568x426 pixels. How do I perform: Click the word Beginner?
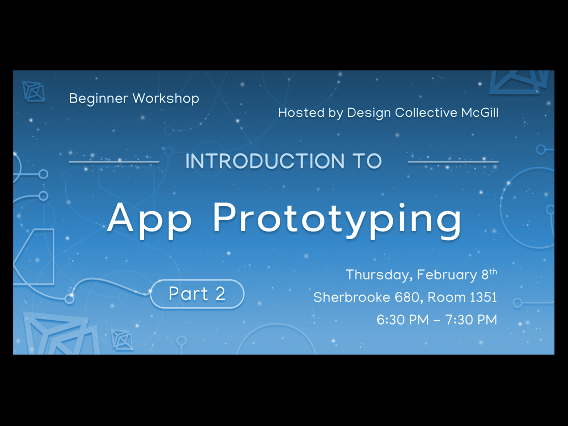click(98, 99)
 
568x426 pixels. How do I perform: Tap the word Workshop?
click(166, 99)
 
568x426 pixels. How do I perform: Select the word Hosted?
click(301, 113)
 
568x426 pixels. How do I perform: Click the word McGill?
click(480, 113)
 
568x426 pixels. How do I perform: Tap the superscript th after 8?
click(493, 272)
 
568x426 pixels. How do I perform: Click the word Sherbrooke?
click(352, 297)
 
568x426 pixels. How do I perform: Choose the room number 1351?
click(483, 297)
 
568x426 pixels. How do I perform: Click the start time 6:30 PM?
click(403, 320)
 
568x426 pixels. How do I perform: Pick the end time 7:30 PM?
click(471, 320)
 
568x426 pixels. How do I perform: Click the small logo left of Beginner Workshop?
click(33, 91)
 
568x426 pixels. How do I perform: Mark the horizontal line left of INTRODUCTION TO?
click(114, 162)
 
